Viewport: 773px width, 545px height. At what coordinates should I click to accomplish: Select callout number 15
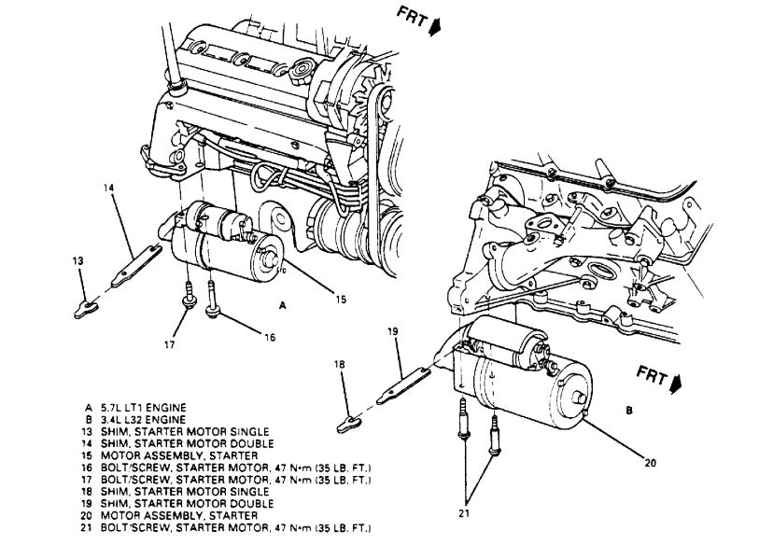[x=342, y=300]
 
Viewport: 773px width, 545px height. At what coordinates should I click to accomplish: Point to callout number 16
[x=270, y=338]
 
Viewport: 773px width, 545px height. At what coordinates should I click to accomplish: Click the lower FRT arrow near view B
[x=676, y=382]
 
